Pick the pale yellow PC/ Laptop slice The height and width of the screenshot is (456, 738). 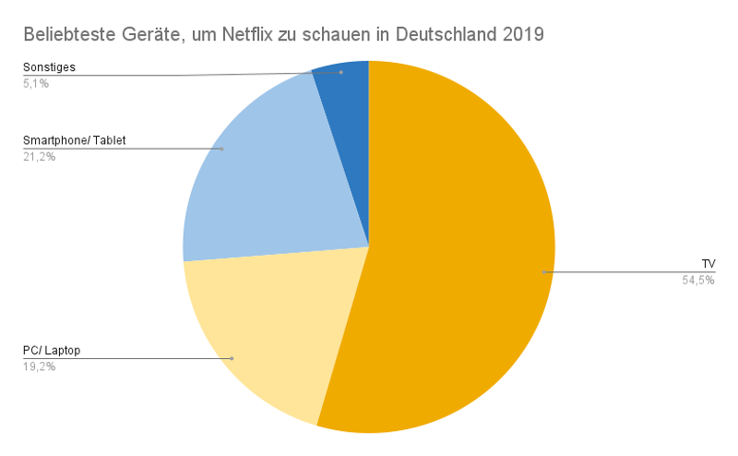(x=268, y=332)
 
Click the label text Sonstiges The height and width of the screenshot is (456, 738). (x=49, y=67)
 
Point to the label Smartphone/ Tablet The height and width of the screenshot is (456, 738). (x=74, y=140)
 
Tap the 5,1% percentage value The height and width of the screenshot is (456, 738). (x=36, y=83)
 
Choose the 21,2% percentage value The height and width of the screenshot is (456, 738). (x=39, y=157)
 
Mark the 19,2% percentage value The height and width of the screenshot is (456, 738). (x=39, y=366)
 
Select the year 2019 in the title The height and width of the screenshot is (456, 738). (x=523, y=35)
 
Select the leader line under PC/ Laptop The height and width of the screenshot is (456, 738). (x=129, y=358)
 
